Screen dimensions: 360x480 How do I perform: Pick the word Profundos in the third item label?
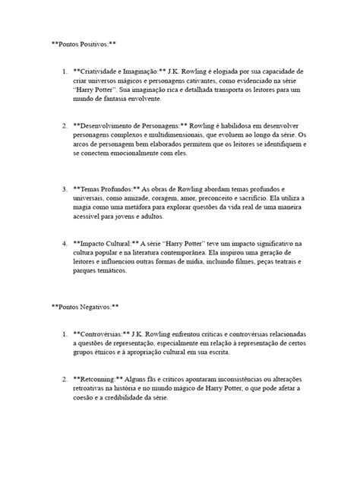(x=116, y=188)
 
